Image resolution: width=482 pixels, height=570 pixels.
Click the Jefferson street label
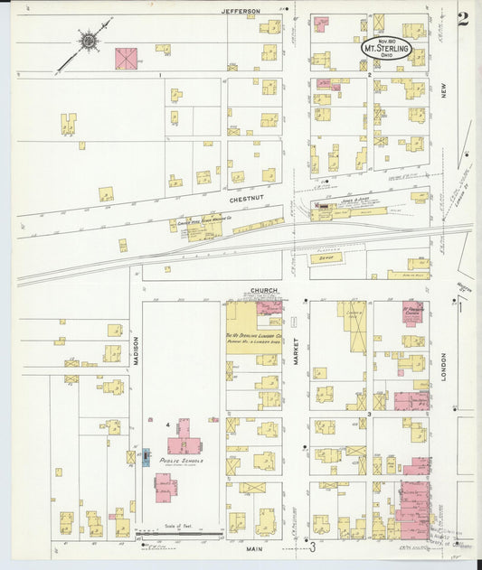click(241, 11)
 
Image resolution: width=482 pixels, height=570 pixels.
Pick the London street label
click(444, 366)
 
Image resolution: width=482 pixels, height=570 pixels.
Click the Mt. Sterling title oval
click(387, 47)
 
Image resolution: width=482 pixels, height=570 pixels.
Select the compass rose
click(90, 41)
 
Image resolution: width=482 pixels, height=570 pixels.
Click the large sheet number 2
click(463, 20)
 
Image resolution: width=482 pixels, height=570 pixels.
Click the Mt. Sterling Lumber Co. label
click(253, 336)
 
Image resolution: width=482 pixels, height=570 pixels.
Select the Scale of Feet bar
click(176, 536)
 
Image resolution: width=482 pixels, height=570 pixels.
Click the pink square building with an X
click(126, 58)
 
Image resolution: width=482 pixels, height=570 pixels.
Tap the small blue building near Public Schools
click(146, 458)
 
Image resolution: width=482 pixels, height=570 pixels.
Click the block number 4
click(167, 423)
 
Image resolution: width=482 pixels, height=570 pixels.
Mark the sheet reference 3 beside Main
click(313, 547)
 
